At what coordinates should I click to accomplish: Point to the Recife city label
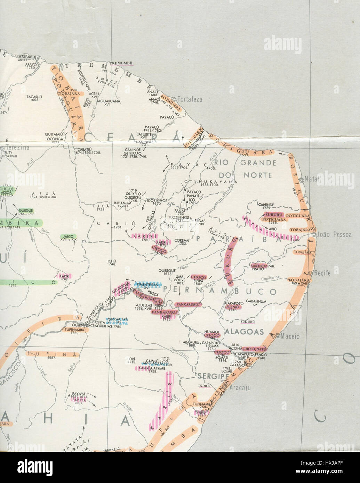322,273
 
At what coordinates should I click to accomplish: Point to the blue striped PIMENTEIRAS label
147,285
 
